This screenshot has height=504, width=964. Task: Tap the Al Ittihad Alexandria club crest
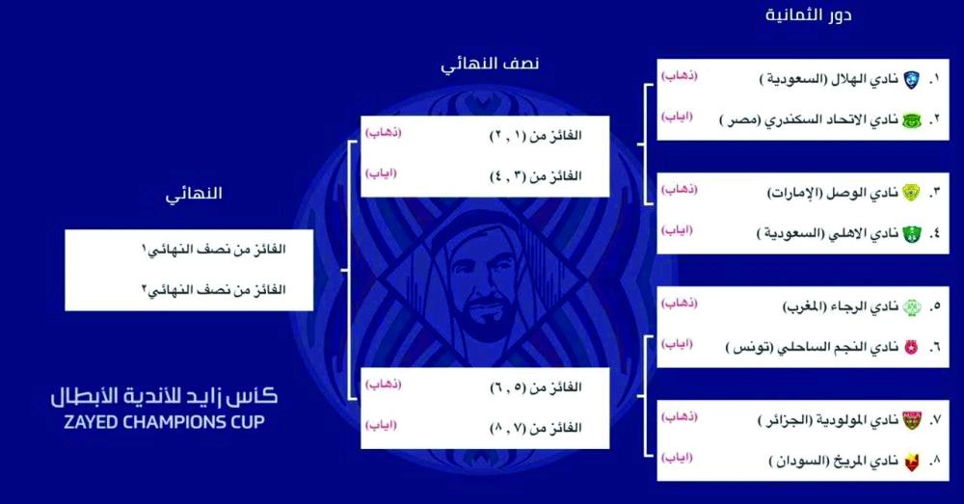click(x=912, y=119)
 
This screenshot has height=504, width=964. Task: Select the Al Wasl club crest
click(x=912, y=193)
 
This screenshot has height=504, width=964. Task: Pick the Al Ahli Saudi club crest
click(x=912, y=234)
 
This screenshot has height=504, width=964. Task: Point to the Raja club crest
click(x=912, y=306)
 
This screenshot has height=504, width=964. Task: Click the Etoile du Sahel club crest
click(x=912, y=347)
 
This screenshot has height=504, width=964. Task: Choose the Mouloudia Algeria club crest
click(x=912, y=420)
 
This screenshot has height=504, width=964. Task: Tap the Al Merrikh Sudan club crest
click(x=912, y=461)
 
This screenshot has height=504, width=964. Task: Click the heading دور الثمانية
click(x=809, y=15)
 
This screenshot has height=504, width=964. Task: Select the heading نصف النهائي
click(x=491, y=65)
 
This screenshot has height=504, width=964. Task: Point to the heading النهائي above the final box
click(x=194, y=194)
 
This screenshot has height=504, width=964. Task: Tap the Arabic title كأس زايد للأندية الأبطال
click(x=164, y=396)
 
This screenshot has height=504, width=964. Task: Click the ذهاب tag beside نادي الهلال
click(x=679, y=75)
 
